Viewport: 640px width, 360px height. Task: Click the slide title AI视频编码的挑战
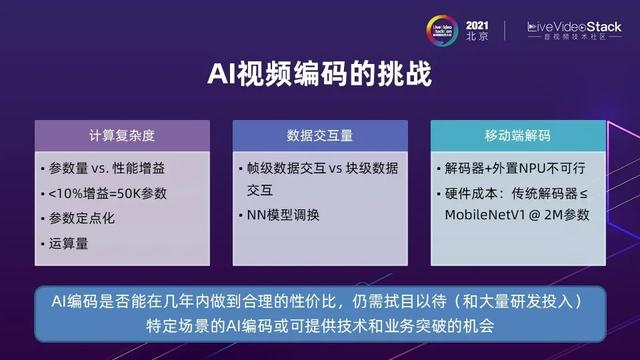(x=319, y=75)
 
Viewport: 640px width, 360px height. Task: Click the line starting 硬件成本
(x=520, y=192)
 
